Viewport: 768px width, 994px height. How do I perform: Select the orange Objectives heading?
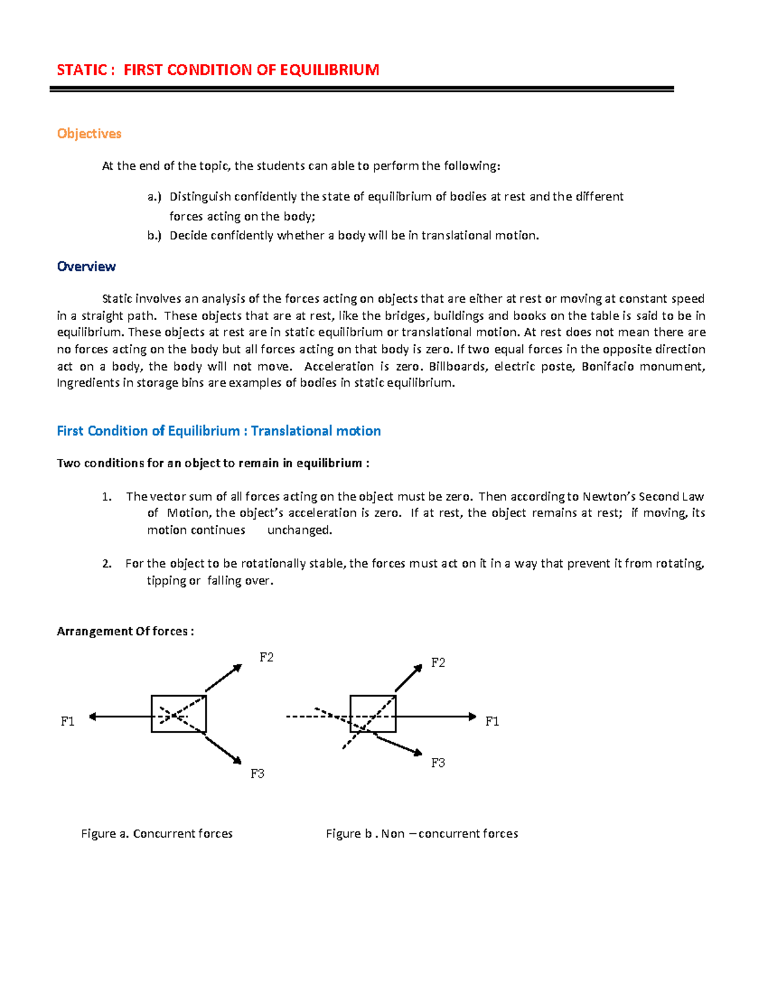point(89,134)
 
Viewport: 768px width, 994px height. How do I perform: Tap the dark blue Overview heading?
point(86,267)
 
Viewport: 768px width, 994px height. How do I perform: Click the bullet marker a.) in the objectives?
point(154,197)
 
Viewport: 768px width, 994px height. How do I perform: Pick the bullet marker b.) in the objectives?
point(154,236)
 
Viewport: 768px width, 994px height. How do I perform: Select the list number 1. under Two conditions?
point(107,497)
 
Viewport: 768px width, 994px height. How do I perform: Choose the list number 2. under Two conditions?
point(107,564)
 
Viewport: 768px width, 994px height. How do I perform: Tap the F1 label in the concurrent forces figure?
point(68,721)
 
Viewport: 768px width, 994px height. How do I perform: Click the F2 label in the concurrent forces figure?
point(266,657)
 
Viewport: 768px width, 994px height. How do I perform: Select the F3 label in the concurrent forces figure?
point(257,774)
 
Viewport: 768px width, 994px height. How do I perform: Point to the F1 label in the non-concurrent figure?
point(492,721)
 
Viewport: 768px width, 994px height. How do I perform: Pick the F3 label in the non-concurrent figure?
point(438,763)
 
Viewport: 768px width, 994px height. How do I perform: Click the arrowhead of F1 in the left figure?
point(92,717)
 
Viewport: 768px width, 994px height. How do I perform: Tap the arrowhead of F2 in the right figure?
point(419,668)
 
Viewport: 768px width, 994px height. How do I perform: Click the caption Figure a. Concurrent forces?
point(157,833)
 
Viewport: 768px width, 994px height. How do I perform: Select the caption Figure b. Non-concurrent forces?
point(422,833)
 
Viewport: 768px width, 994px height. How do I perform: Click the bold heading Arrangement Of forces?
point(125,632)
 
